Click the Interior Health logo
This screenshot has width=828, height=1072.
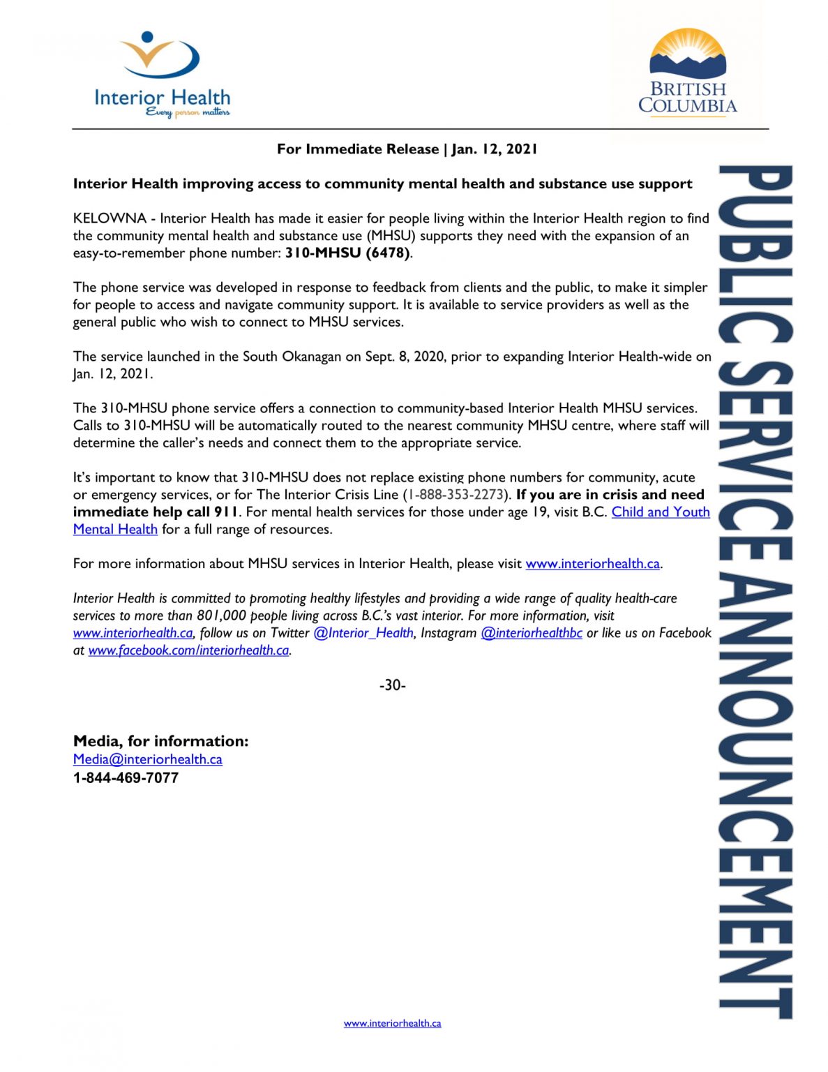pyautogui.click(x=162, y=73)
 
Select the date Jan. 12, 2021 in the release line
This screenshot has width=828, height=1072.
pyautogui.click(x=495, y=149)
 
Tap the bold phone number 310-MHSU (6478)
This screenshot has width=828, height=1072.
pyautogui.click(x=347, y=253)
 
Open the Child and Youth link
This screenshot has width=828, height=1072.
pyautogui.click(x=661, y=512)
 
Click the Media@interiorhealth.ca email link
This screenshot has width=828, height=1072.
pyautogui.click(x=148, y=759)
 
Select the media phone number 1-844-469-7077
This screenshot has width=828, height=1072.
pyautogui.click(x=126, y=777)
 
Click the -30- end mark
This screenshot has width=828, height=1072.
pyautogui.click(x=392, y=685)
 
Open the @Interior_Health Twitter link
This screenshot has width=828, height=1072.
pyautogui.click(x=363, y=633)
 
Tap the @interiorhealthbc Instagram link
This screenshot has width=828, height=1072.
pyautogui.click(x=532, y=633)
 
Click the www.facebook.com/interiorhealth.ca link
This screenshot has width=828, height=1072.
pyautogui.click(x=188, y=650)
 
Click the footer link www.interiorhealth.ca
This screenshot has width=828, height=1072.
pyautogui.click(x=392, y=1023)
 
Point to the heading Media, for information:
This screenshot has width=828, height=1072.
pyautogui.click(x=160, y=741)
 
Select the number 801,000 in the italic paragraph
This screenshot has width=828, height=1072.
pyautogui.click(x=221, y=616)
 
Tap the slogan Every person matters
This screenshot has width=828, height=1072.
pyautogui.click(x=188, y=112)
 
